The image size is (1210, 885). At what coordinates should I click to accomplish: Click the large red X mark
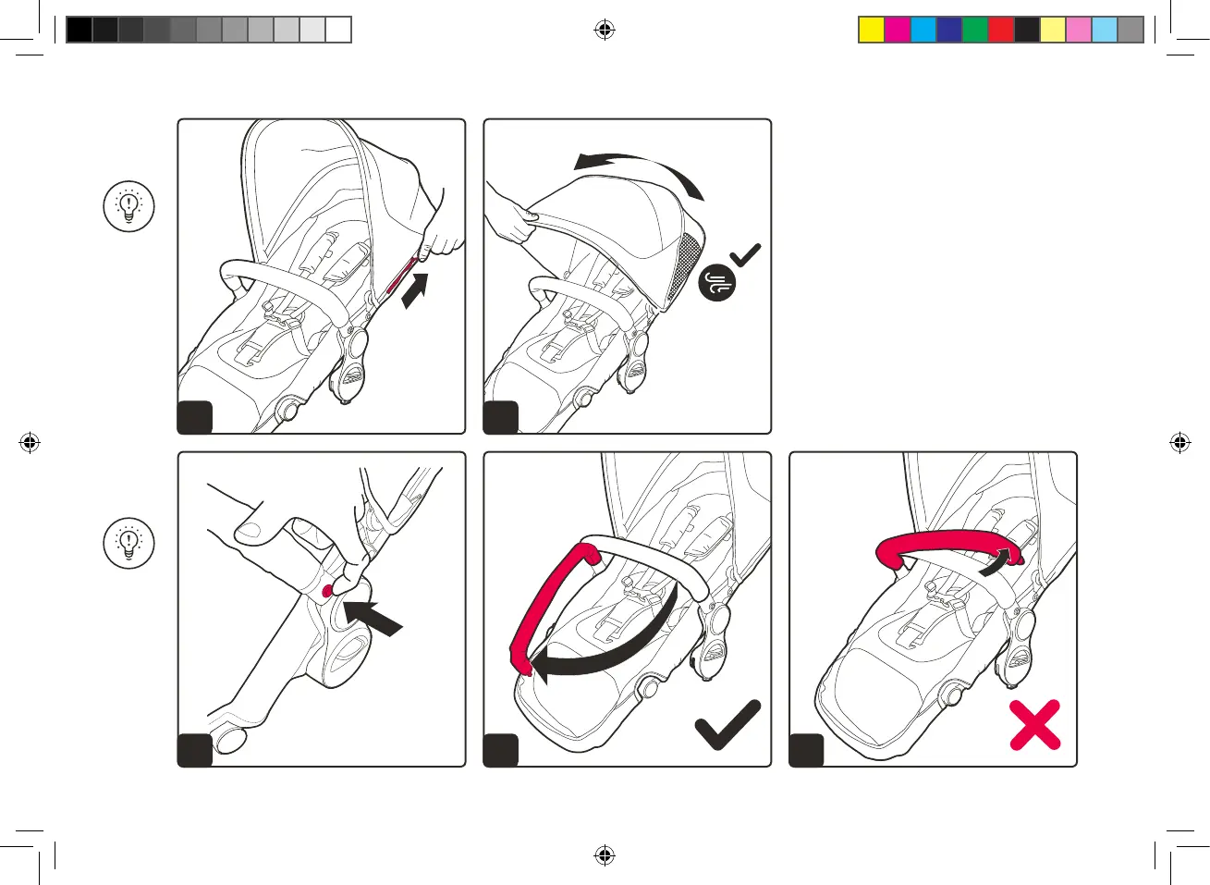[1035, 724]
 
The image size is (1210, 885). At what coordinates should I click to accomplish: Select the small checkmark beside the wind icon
[744, 254]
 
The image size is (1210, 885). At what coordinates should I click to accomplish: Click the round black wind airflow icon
[718, 282]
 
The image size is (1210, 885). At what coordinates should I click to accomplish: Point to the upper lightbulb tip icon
[129, 205]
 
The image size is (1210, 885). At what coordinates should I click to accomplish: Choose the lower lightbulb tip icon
[129, 543]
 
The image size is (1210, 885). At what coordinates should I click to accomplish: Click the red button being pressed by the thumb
[326, 591]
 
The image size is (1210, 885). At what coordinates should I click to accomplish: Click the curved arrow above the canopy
[638, 172]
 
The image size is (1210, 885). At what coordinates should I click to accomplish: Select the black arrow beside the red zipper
[416, 289]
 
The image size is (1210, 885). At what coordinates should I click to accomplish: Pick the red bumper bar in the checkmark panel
[550, 601]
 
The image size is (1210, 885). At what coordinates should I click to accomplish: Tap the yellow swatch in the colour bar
[871, 31]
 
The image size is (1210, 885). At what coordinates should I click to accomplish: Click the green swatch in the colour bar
[974, 31]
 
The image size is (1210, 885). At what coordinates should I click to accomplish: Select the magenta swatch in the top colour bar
[897, 31]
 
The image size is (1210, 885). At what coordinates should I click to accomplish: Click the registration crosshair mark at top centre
[605, 31]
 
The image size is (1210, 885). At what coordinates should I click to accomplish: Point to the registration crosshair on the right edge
[1180, 442]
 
